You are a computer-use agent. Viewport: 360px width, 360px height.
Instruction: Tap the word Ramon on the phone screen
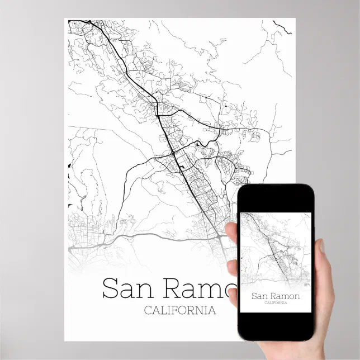[x=286, y=296]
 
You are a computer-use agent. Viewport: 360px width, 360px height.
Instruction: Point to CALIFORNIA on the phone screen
[x=275, y=303]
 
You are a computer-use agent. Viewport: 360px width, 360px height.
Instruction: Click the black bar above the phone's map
[x=275, y=197]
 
